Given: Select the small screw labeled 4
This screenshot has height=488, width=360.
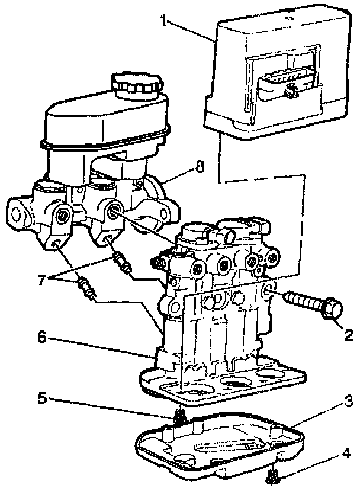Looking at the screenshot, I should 274,475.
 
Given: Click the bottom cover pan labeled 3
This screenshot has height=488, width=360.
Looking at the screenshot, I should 225,450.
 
